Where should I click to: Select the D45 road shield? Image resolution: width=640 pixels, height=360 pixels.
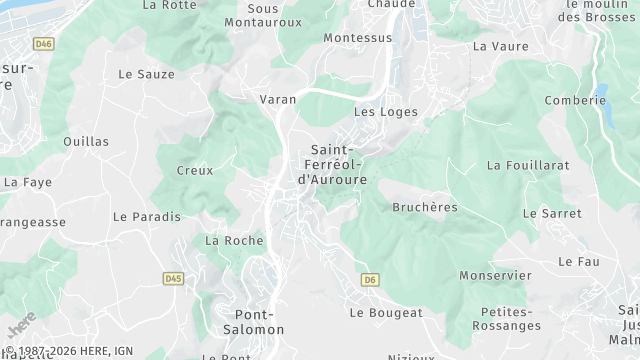(172, 278)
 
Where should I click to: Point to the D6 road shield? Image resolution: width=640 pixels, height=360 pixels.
(371, 279)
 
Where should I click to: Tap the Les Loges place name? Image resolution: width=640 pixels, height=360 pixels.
(385, 112)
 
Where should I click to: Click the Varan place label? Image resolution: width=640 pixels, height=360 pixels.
(277, 100)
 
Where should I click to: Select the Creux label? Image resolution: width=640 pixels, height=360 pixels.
(195, 171)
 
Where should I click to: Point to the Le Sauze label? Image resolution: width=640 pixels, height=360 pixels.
(146, 74)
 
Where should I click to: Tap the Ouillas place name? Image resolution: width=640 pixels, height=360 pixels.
(85, 142)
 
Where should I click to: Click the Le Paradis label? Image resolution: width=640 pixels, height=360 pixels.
(147, 216)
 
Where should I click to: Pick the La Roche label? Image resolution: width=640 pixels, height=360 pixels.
(234, 241)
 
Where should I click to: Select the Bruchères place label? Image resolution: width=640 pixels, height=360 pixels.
(425, 207)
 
